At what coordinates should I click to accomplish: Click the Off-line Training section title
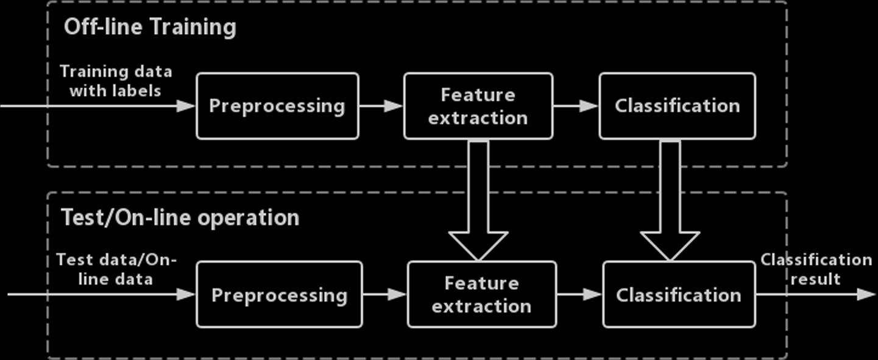(x=149, y=27)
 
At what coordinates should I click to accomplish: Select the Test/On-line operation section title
(x=180, y=217)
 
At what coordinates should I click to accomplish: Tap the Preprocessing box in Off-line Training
(x=277, y=106)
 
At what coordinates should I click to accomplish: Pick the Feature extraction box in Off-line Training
(x=478, y=106)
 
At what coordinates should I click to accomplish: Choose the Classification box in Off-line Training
(x=677, y=106)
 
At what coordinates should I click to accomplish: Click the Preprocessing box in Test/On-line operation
(x=279, y=295)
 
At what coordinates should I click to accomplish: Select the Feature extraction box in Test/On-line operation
(x=481, y=295)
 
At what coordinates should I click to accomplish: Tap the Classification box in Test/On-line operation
(x=679, y=295)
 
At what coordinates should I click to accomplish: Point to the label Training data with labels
(x=116, y=81)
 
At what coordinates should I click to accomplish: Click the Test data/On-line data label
(x=116, y=269)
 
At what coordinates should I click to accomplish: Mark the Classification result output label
(x=816, y=269)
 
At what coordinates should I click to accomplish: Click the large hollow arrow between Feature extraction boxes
(x=478, y=201)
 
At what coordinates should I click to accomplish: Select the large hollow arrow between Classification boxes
(x=670, y=201)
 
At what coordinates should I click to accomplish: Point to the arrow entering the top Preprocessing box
(x=97, y=106)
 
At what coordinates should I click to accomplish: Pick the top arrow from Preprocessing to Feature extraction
(x=381, y=106)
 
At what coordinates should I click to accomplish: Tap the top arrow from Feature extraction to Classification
(x=576, y=106)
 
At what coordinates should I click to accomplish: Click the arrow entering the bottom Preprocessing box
(x=101, y=295)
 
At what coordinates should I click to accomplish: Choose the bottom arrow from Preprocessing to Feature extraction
(x=384, y=295)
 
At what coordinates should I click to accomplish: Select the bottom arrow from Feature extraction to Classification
(x=579, y=295)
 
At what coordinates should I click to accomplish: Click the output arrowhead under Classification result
(x=865, y=295)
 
